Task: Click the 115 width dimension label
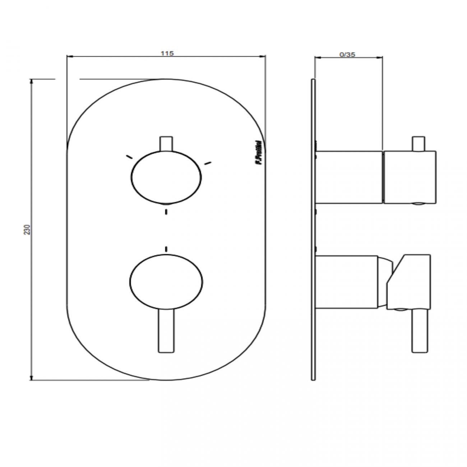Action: coord(167,54)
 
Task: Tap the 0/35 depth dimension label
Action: coord(347,55)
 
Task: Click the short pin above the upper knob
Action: coord(166,144)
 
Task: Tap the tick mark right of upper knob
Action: coord(208,164)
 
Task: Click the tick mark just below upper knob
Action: coord(166,212)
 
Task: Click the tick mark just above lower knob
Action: coord(166,249)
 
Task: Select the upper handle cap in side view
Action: coord(410,177)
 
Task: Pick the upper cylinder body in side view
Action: coord(349,177)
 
